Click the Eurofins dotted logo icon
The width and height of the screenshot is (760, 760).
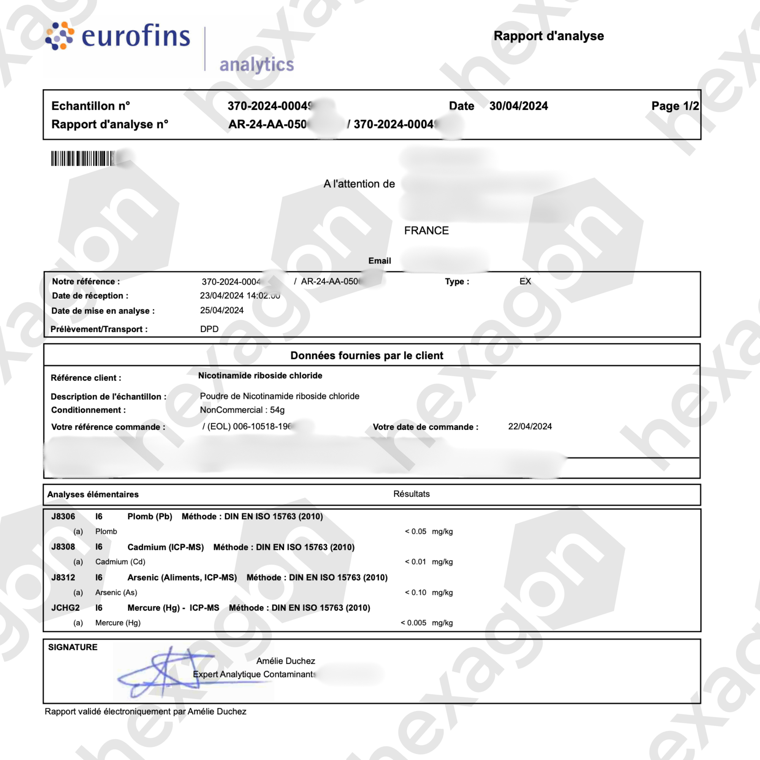coord(59,36)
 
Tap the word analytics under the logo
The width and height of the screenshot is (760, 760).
coord(256,65)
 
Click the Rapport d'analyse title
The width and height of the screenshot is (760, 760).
coord(548,36)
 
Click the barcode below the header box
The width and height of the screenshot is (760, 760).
coord(83,158)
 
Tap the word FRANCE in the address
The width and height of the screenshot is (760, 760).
coord(426,231)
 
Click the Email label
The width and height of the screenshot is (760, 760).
coord(379,261)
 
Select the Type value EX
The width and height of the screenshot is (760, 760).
coord(525,281)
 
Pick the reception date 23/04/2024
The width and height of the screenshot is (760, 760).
coord(222,295)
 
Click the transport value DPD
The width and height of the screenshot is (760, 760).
coord(209,329)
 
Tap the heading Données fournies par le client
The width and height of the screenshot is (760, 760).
coord(367,356)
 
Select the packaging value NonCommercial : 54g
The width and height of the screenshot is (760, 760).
coord(242,410)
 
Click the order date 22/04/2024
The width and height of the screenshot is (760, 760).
coord(529,426)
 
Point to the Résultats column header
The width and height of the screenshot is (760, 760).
coord(411,494)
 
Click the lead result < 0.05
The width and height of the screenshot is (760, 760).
coord(415,532)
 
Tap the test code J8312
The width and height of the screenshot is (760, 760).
coord(63,578)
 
